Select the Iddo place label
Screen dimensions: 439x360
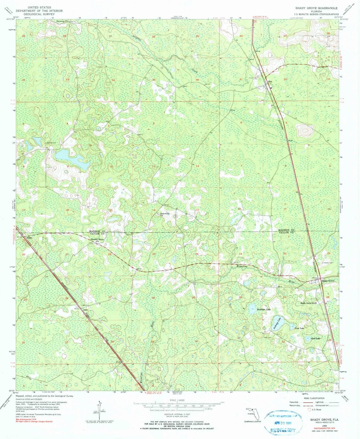(x=82, y=310)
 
